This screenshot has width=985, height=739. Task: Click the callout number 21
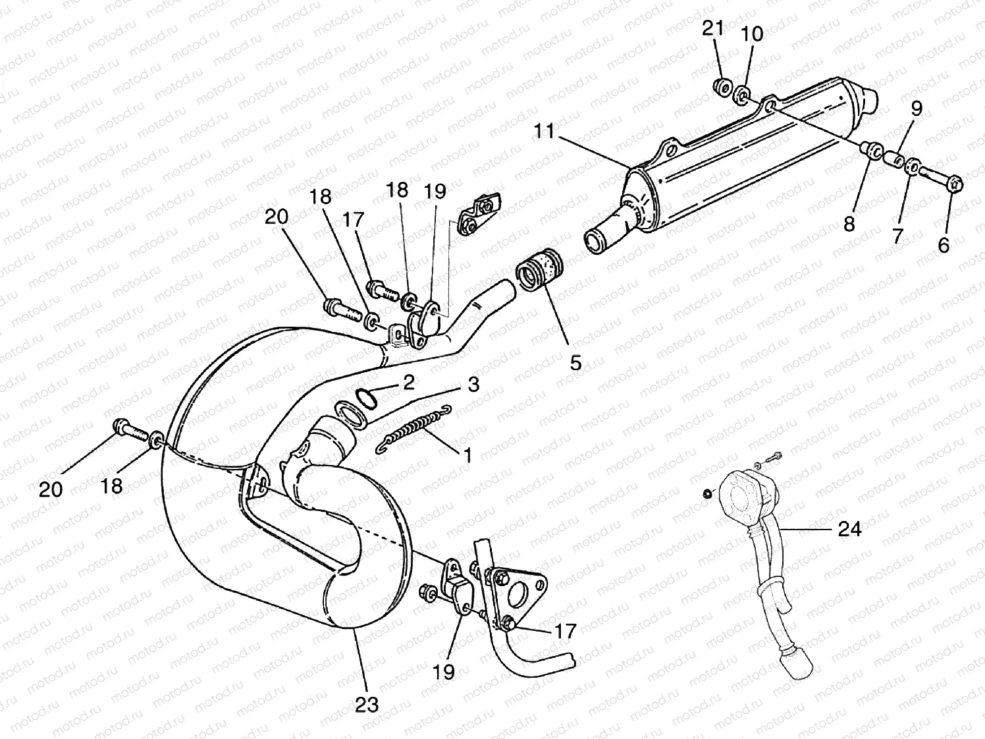click(712, 28)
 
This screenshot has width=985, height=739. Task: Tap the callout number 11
click(545, 132)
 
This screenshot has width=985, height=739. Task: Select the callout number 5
click(575, 362)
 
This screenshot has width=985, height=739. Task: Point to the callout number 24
click(849, 529)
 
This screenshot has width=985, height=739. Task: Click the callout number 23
click(367, 704)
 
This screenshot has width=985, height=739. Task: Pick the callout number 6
click(944, 245)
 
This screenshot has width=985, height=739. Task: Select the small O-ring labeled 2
click(367, 396)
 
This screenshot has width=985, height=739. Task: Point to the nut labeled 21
click(722, 86)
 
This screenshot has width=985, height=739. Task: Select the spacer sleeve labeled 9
click(894, 159)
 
